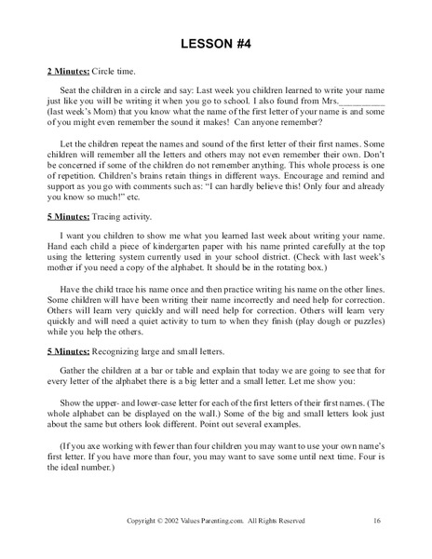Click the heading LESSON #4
216,42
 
